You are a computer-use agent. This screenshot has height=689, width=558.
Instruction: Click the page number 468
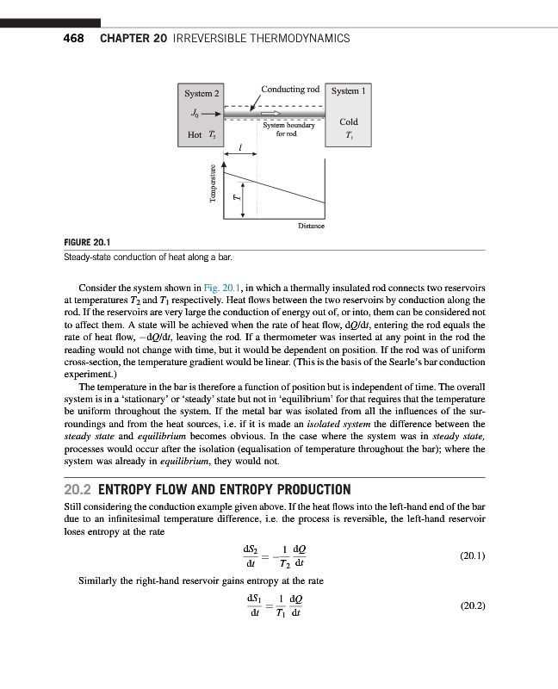click(x=72, y=39)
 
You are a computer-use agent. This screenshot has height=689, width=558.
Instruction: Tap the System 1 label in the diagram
click(x=349, y=90)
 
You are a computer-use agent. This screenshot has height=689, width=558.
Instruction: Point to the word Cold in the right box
click(x=349, y=122)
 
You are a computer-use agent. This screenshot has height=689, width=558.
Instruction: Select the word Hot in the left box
click(x=194, y=135)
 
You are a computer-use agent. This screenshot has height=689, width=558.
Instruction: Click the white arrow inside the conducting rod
click(x=270, y=113)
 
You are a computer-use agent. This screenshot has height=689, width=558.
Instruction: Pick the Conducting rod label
click(x=290, y=89)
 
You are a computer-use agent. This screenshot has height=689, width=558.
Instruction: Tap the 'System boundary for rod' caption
click(x=287, y=130)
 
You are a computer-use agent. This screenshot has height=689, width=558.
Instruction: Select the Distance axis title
click(x=312, y=226)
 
